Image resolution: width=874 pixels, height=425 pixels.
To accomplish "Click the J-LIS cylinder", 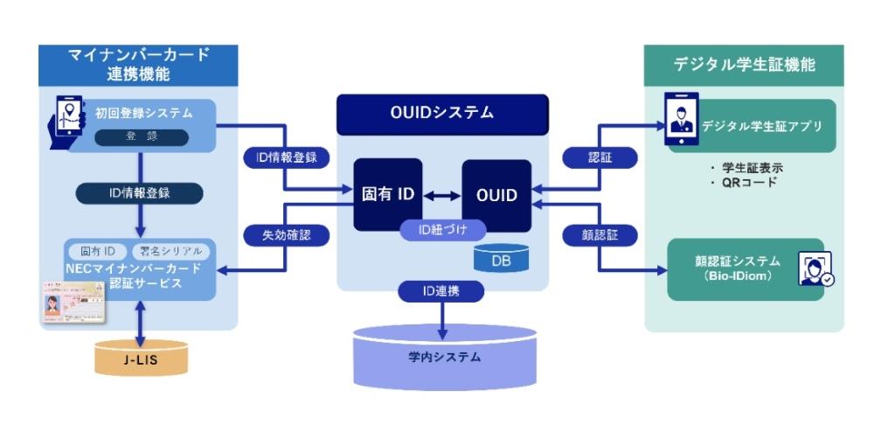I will (x=141, y=358).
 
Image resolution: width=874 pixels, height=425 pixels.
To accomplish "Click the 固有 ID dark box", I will (x=387, y=194).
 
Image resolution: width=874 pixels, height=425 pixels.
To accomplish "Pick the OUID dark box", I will (x=496, y=195).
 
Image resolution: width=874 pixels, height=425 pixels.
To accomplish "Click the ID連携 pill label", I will (x=443, y=289).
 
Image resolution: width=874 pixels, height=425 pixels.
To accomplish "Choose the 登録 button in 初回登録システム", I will (x=141, y=137).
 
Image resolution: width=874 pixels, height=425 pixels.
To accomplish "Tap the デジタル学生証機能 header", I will (x=745, y=65).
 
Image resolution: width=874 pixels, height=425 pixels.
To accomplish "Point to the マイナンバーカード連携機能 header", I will (x=139, y=64).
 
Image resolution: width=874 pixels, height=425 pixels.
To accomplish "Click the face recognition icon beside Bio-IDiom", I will (x=815, y=268).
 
